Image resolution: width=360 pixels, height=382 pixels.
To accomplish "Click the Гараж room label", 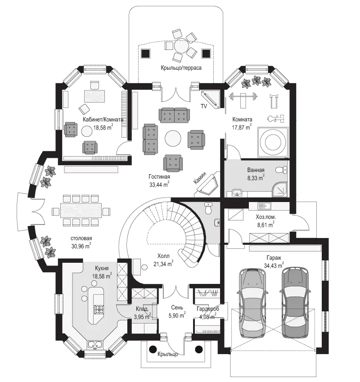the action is (274, 258).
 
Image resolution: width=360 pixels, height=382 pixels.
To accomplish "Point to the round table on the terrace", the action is (181, 45).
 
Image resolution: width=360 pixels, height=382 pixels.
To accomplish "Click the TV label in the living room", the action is (204, 106).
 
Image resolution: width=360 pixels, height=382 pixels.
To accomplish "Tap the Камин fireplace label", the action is (200, 178).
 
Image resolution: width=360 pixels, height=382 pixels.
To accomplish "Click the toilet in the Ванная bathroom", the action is (282, 170).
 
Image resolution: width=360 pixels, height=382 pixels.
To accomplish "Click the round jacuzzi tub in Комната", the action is (273, 142).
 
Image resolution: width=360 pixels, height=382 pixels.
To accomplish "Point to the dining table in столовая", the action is (81, 211).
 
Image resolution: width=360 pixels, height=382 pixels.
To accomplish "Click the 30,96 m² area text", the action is (81, 246).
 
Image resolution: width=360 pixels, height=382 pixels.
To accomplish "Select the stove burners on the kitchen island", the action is (99, 310).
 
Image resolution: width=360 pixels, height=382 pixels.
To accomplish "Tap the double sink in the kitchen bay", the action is (95, 345).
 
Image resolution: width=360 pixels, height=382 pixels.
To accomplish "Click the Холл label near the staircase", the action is (163, 256).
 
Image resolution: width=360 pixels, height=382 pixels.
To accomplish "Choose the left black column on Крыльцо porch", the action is (153, 349).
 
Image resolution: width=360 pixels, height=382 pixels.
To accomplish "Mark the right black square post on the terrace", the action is (206, 53).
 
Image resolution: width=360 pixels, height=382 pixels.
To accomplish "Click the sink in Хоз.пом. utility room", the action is (264, 206).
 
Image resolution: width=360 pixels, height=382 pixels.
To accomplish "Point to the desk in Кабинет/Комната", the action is (94, 96).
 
